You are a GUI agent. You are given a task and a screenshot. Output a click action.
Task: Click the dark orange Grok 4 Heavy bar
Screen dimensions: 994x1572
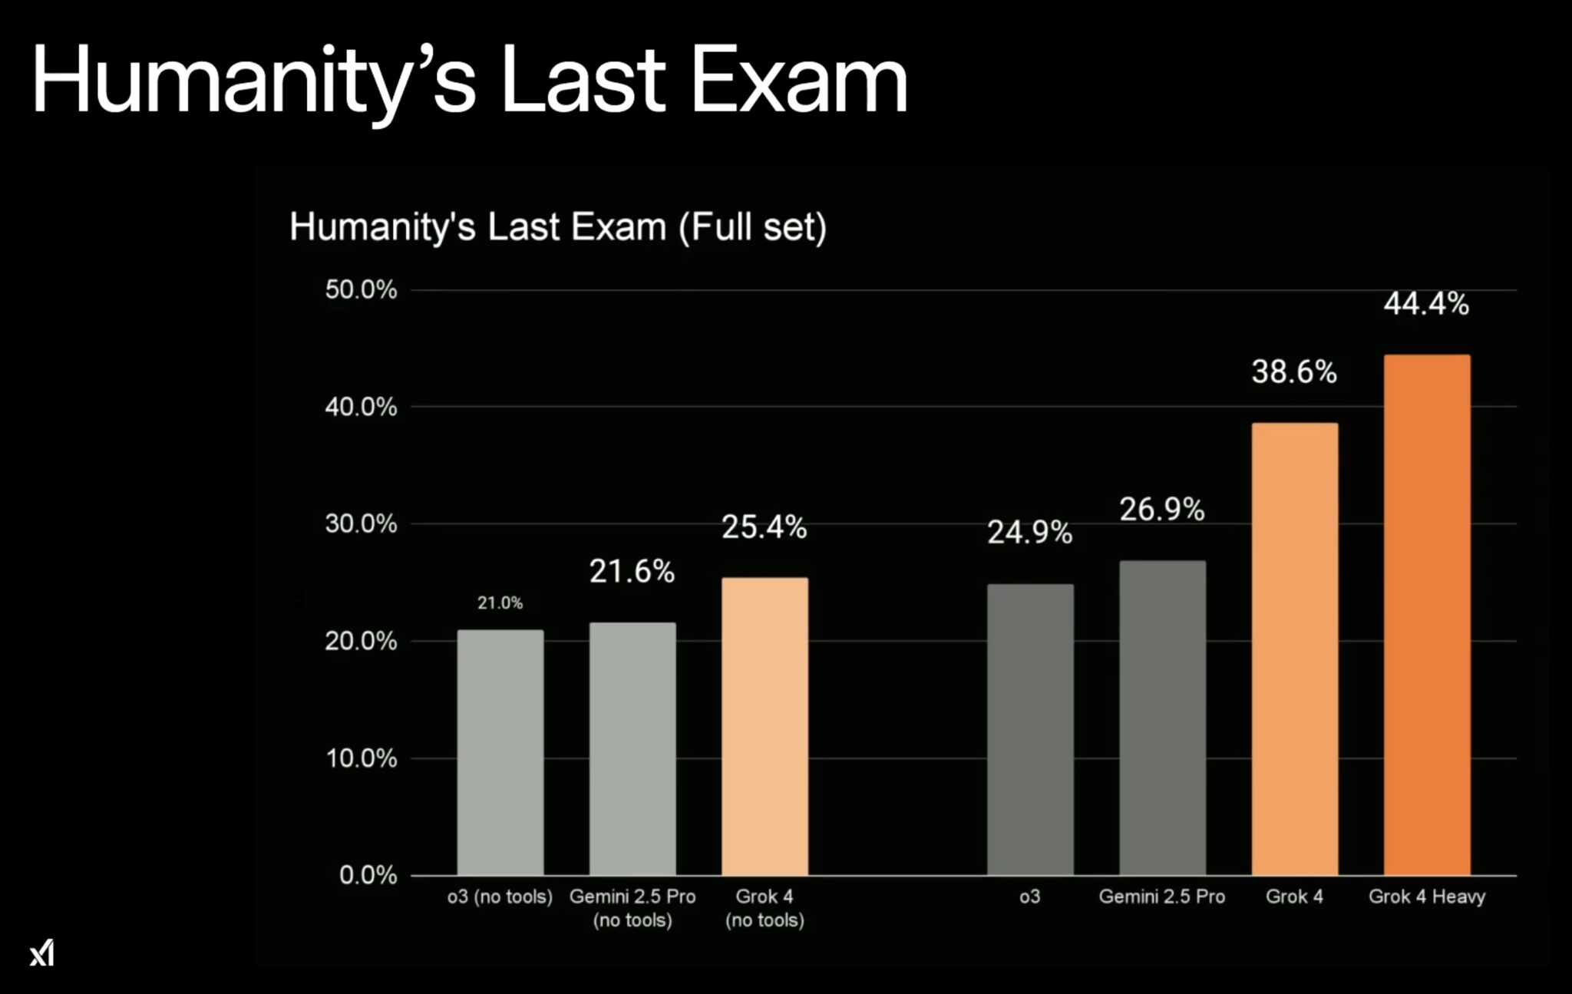(1427, 614)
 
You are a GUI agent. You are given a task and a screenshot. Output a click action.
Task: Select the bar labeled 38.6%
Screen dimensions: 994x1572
(1294, 649)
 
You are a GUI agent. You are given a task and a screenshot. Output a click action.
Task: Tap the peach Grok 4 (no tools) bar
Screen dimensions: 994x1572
(765, 726)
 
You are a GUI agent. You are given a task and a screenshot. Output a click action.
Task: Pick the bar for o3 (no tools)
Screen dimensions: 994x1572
(500, 752)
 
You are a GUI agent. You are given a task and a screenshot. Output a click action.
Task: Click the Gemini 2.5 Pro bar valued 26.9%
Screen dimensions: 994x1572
(1162, 718)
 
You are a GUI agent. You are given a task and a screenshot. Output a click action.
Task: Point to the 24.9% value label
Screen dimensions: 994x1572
(1029, 532)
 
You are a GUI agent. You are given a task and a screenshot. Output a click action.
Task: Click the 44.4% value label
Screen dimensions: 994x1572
(1426, 304)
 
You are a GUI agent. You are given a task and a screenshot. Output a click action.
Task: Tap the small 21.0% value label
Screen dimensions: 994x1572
(500, 603)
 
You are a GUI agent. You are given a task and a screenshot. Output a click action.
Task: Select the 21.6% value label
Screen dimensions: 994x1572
(632, 571)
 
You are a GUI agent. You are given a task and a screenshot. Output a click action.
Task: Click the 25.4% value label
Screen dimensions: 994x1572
(764, 527)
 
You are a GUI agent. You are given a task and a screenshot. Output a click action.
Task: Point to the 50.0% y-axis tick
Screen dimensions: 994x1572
(361, 290)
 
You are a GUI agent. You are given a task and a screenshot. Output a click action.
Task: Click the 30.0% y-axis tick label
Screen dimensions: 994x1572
(361, 524)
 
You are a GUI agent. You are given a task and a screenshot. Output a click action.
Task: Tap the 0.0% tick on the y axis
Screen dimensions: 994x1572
(368, 875)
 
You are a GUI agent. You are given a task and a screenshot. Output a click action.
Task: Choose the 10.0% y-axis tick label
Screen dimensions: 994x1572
(361, 758)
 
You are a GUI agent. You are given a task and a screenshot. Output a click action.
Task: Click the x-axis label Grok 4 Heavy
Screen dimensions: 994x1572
(1426, 897)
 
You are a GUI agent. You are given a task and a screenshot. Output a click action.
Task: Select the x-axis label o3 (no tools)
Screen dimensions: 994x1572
(500, 897)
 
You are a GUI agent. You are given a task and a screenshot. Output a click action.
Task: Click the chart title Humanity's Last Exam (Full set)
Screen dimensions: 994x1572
(558, 227)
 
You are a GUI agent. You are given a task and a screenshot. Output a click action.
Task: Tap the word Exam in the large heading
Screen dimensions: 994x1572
(798, 81)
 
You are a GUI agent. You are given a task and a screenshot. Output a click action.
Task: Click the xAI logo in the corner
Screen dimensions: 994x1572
(42, 953)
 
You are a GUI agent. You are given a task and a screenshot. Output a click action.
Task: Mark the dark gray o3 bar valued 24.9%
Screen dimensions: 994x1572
(1030, 729)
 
